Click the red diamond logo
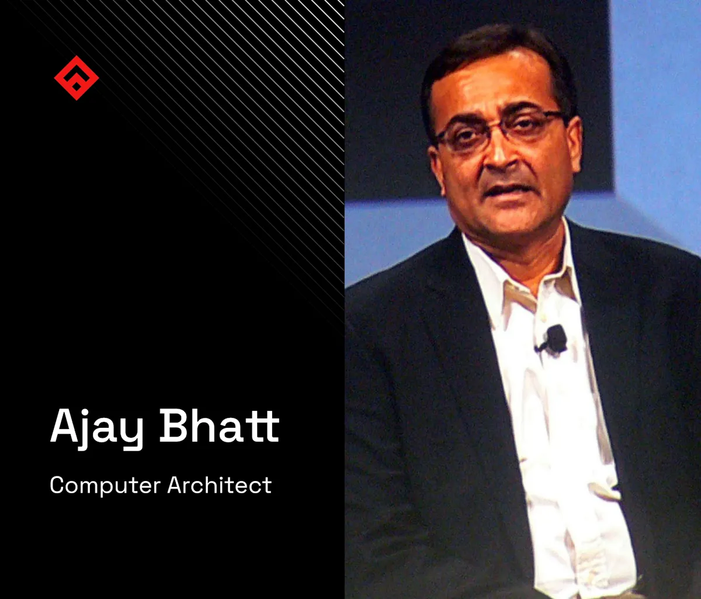click(76, 77)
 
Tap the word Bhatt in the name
click(220, 427)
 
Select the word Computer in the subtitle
click(105, 486)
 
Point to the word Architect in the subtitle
click(220, 485)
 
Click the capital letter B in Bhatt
click(175, 426)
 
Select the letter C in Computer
click(57, 486)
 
